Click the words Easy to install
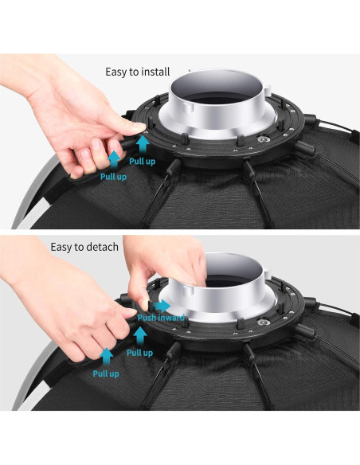[x=138, y=72]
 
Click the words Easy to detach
[x=84, y=247]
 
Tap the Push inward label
[x=161, y=318]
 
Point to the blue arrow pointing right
[x=162, y=306]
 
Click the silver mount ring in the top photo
[x=216, y=123]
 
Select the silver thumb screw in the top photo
[x=262, y=139]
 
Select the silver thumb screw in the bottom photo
[x=262, y=322]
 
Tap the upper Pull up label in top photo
[x=143, y=162]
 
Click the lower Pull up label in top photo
[x=113, y=177]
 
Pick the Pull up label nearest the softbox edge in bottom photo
[x=106, y=373]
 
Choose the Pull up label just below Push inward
[x=139, y=353]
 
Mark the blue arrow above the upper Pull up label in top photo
[x=143, y=144]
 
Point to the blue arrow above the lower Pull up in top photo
[x=114, y=160]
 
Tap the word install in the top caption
[x=155, y=72]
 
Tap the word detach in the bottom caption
[x=102, y=247]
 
